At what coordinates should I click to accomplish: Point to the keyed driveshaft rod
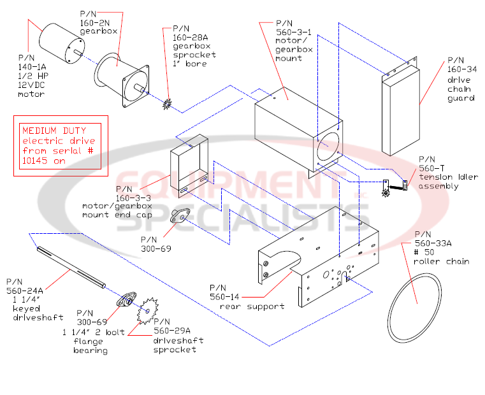(70, 268)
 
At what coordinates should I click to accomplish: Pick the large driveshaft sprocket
(148, 310)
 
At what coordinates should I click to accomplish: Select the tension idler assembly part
(395, 186)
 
